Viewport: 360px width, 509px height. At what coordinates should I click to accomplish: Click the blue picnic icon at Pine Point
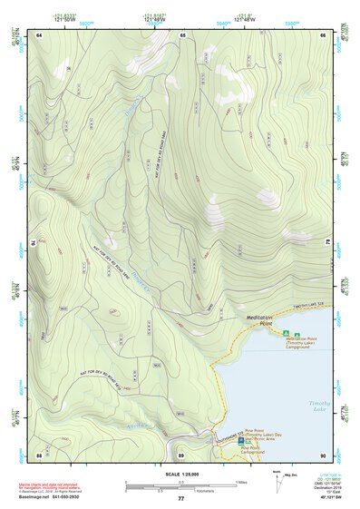241,442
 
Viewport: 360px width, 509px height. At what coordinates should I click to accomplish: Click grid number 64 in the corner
40,34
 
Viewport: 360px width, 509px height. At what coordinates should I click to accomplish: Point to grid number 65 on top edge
182,34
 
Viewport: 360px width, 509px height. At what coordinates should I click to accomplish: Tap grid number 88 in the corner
39,454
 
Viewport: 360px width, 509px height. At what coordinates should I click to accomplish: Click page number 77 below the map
180,499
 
